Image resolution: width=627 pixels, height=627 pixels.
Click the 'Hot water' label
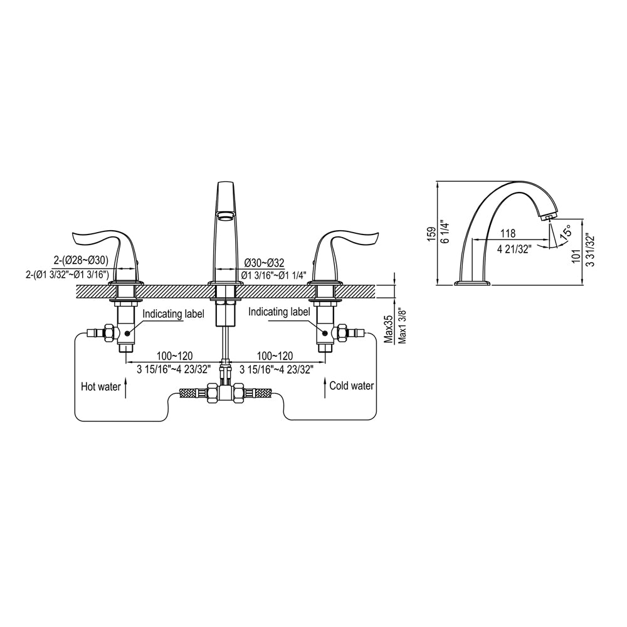pyautogui.click(x=100, y=387)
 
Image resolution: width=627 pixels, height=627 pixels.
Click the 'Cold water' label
pyautogui.click(x=352, y=386)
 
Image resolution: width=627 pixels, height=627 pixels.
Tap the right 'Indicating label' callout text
pyautogui.click(x=279, y=312)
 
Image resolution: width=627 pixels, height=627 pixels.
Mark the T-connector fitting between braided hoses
pyautogui.click(x=226, y=394)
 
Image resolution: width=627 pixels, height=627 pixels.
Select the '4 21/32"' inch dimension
pyautogui.click(x=514, y=248)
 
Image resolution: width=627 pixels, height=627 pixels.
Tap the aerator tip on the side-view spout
pyautogui.click(x=548, y=218)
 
